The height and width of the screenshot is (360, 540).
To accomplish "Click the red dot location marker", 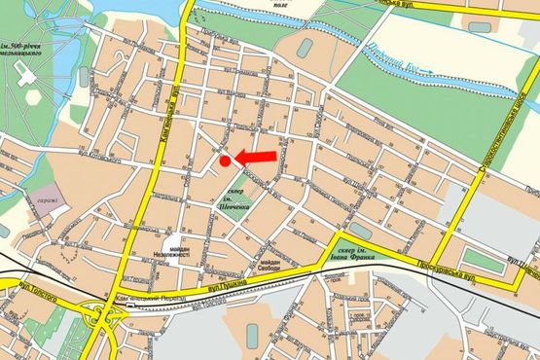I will click(x=225, y=161).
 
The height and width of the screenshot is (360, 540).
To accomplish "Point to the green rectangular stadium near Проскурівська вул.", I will click(x=477, y=260).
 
